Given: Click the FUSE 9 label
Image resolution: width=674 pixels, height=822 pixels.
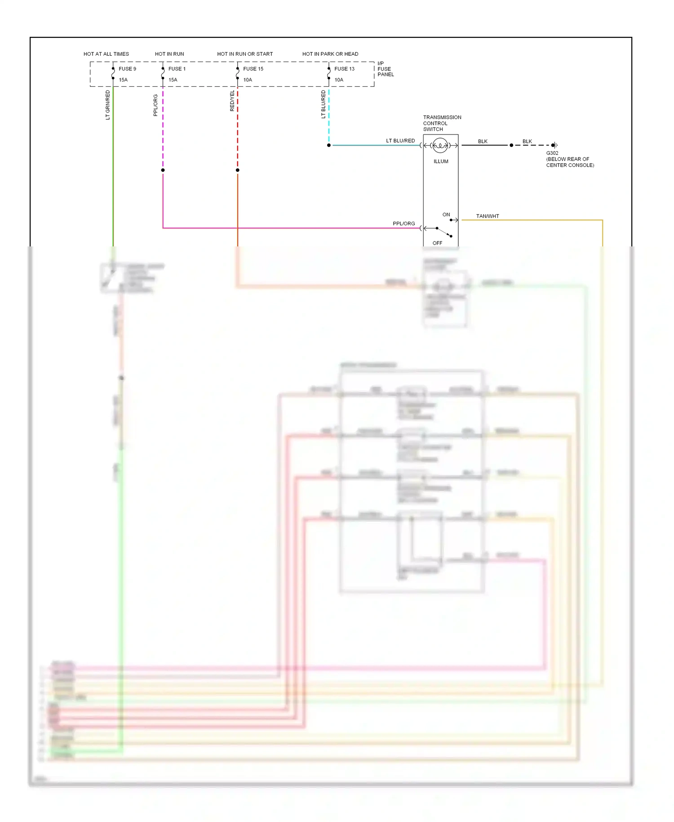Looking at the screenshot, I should coord(127,69).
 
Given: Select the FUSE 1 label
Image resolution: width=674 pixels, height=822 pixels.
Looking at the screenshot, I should coord(177,69).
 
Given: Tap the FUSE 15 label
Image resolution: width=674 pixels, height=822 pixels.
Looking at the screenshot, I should coord(253,69).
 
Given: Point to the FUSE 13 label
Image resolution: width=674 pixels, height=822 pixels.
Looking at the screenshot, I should coord(344,69).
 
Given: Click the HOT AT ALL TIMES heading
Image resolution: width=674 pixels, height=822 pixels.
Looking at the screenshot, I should coord(106,54).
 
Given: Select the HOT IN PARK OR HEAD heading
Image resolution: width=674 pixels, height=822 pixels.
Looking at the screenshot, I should coord(330,54).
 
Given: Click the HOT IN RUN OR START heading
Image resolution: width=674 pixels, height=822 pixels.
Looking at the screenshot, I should coord(245,54).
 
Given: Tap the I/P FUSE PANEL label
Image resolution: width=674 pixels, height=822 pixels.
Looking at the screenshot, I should coord(385,69).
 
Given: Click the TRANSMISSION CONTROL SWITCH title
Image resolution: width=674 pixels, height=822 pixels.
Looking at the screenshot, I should coord(442,123).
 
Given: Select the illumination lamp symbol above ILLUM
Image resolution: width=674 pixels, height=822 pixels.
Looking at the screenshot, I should coord(440,145).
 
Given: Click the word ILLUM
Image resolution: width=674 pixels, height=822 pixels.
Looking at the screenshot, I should coord(441,161).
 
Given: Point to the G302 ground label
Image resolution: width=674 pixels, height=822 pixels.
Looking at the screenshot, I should coord(552,153).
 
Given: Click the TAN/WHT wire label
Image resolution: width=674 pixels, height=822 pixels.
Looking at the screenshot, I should coord(488,216).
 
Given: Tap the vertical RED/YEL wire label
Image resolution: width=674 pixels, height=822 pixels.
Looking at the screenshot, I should coord(232,101).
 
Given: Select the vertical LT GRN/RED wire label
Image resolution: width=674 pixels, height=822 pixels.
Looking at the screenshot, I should coord(108,105).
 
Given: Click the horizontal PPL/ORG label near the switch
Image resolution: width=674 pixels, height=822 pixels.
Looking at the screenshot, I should coord(404,223).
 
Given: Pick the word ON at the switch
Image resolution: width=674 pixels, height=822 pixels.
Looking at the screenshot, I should coord(446,215).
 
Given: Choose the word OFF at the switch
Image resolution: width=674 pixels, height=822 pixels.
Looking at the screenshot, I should coord(437,243).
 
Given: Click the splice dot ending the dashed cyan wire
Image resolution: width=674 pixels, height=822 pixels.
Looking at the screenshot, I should coord(329,145).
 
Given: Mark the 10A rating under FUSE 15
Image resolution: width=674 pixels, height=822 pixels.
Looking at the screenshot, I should coord(248,80).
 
